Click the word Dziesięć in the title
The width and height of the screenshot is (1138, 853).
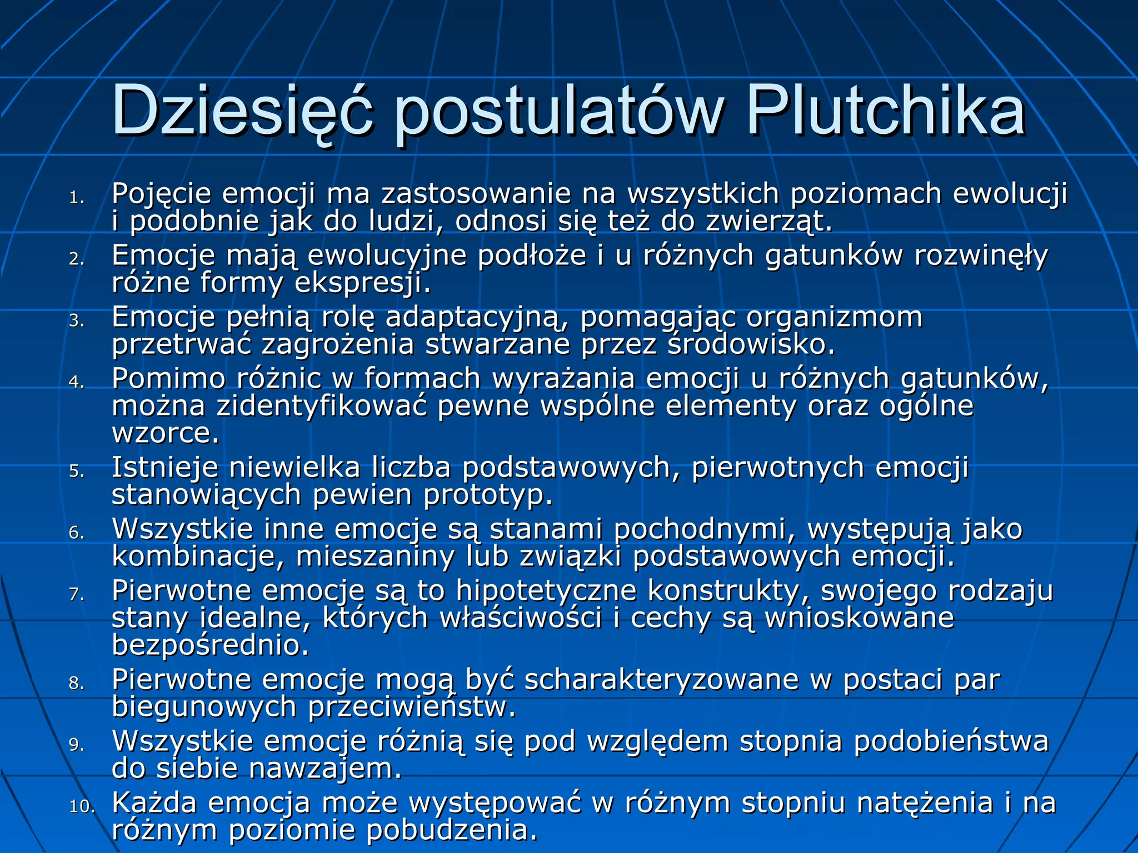(x=242, y=111)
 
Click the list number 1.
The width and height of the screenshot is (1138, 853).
(x=77, y=198)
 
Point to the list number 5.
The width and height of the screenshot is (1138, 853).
(x=77, y=471)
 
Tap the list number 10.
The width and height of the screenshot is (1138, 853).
(x=82, y=806)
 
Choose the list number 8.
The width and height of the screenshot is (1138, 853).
(x=77, y=683)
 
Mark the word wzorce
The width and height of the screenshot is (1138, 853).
(x=166, y=433)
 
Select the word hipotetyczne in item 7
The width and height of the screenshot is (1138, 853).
(x=546, y=590)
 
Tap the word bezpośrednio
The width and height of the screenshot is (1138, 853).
(x=210, y=645)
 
